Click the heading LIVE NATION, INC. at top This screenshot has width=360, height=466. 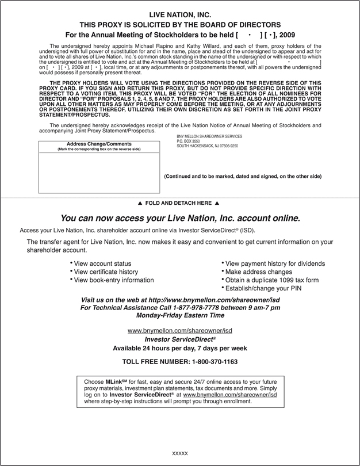pos(180,14)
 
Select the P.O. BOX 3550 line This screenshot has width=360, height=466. pos(188,141)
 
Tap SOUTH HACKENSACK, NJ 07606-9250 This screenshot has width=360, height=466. pos(207,146)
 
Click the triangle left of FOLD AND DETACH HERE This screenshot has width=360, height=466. pos(140,203)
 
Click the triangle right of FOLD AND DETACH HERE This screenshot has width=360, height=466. pos(217,203)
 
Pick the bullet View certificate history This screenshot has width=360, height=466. pos(106,272)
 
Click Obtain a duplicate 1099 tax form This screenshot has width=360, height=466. pos(271,280)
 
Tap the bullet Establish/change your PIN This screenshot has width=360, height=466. pos(263,288)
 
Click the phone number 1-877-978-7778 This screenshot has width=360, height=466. pos(208,308)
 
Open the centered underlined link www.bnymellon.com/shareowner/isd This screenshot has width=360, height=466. pos(179,331)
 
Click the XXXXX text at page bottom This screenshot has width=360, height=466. pos(180,454)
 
